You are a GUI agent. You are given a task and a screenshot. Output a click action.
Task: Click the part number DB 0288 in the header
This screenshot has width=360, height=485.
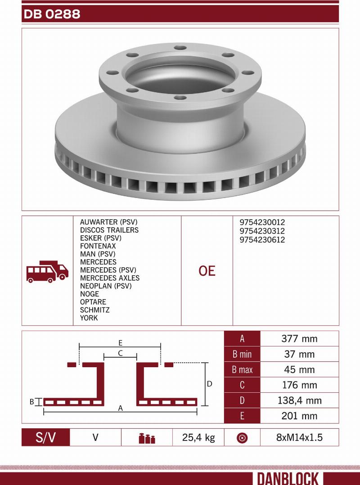52,14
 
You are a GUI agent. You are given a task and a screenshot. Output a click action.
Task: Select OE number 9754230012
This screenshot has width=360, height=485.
262,222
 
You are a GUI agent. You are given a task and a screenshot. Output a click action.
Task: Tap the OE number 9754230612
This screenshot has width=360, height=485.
262,240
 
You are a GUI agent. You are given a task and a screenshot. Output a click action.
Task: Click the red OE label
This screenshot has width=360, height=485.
207,271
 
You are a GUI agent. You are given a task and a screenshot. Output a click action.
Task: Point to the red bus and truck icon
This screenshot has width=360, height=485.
47,271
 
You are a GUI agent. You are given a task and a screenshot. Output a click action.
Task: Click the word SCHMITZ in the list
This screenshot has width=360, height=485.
94,310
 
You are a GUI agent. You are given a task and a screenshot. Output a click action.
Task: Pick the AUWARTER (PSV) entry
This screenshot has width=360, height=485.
108,222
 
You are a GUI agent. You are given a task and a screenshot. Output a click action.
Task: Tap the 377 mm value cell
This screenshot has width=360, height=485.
299,339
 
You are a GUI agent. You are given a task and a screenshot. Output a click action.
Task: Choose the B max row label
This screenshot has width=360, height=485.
242,370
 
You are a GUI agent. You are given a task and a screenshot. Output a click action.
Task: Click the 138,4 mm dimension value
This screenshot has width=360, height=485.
299,400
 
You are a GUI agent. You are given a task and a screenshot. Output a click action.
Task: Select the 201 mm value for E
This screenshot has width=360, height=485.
299,416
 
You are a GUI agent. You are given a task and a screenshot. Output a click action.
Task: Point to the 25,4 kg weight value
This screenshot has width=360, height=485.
198,437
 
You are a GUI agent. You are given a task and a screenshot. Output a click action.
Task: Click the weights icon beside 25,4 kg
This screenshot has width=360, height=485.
147,438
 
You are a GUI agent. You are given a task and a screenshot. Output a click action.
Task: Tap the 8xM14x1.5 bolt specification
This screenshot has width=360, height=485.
299,437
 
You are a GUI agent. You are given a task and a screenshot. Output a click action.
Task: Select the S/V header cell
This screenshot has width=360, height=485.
46,437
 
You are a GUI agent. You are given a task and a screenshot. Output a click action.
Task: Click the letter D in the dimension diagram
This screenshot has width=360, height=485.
209,384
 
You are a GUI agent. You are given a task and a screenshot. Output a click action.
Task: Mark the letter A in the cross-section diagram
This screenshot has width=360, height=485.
120,408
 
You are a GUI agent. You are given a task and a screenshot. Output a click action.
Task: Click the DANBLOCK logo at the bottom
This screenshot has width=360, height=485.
288,478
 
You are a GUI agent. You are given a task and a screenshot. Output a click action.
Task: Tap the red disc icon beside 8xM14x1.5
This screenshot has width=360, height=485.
242,438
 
